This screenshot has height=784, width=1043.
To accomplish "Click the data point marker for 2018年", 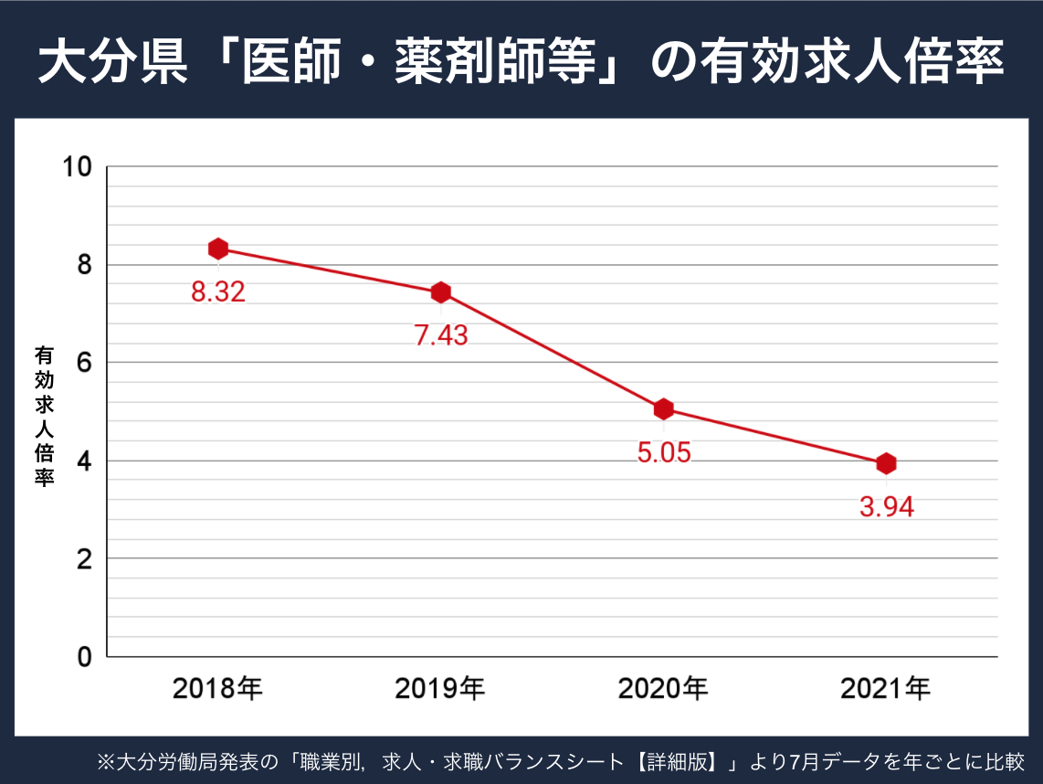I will (217, 249).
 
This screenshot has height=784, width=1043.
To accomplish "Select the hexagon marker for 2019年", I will (440, 292).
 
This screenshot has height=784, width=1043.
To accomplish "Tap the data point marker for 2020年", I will (663, 408).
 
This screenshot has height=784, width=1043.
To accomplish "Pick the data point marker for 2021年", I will (885, 463).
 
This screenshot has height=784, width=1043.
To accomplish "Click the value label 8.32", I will (217, 292).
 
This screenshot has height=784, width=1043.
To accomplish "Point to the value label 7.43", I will (440, 335).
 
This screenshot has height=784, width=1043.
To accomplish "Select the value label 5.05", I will (663, 452).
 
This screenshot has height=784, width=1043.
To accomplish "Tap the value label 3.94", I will (886, 507).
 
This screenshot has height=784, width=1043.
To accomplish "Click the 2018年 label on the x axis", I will (217, 688).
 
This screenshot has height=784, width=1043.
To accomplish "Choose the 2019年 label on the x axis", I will (440, 688).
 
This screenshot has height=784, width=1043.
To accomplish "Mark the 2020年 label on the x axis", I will (663, 688).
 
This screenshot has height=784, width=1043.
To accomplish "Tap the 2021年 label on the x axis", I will (885, 688).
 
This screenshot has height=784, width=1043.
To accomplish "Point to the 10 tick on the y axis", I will (78, 167).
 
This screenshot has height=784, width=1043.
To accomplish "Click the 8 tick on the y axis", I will (85, 265).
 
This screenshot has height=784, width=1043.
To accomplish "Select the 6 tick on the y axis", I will (85, 363).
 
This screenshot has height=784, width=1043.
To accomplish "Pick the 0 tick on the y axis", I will (85, 657).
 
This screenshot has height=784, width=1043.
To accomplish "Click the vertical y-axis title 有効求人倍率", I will (43, 416).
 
